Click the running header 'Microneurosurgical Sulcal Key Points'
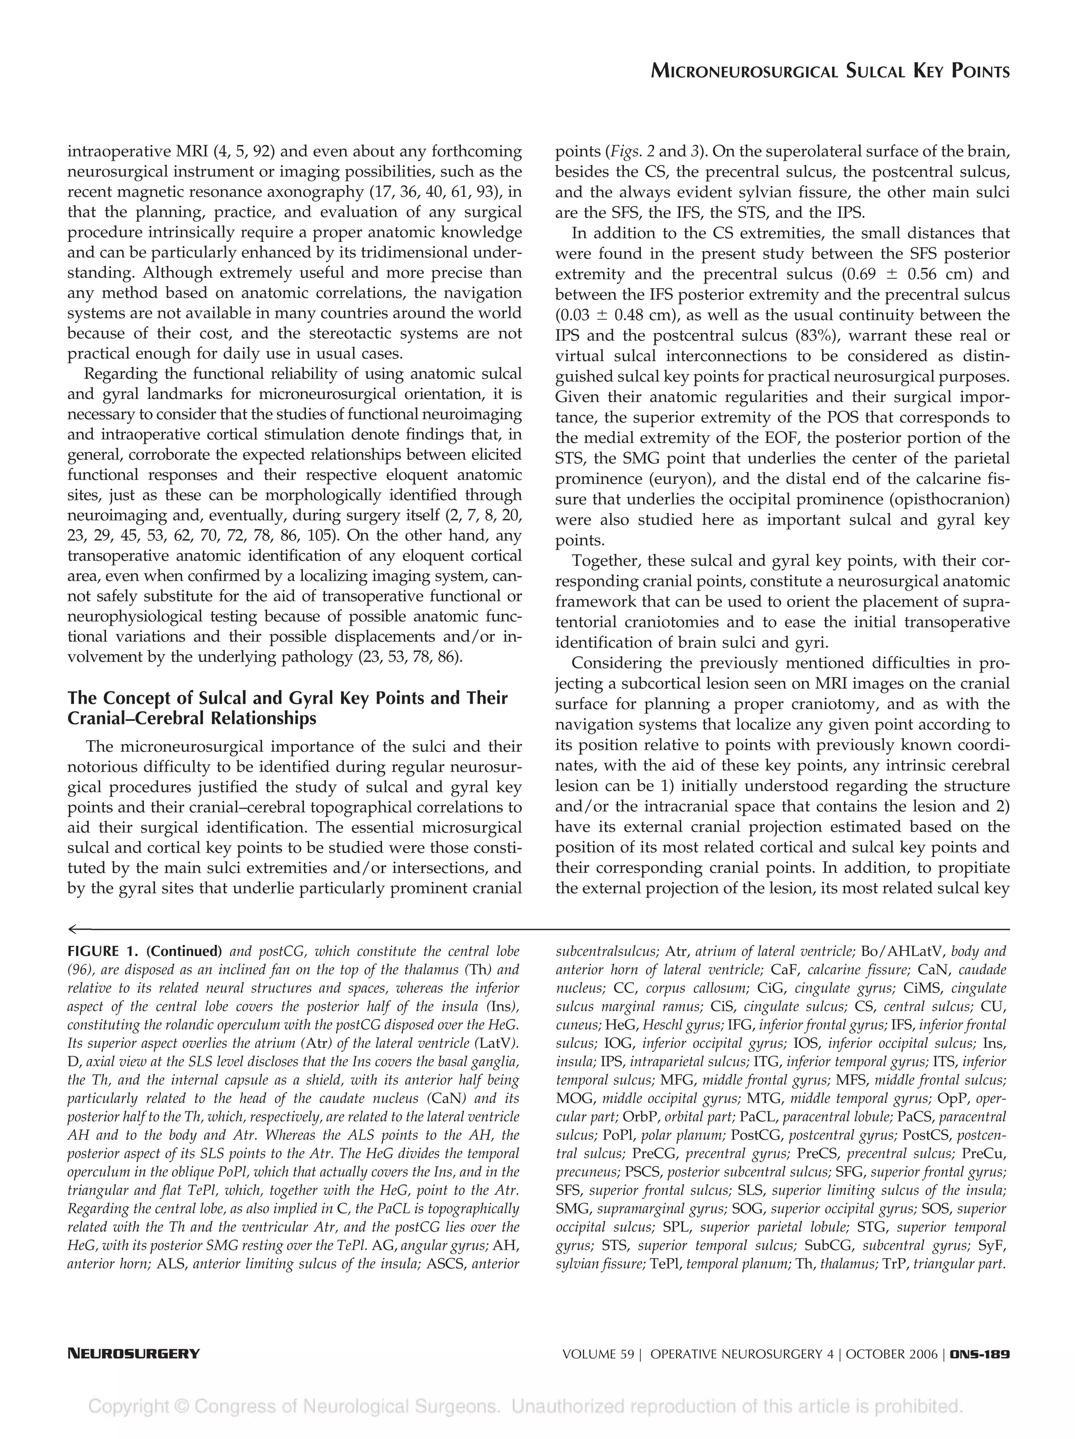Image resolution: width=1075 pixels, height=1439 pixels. [830, 71]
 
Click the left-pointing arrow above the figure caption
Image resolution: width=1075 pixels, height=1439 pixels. [79, 928]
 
